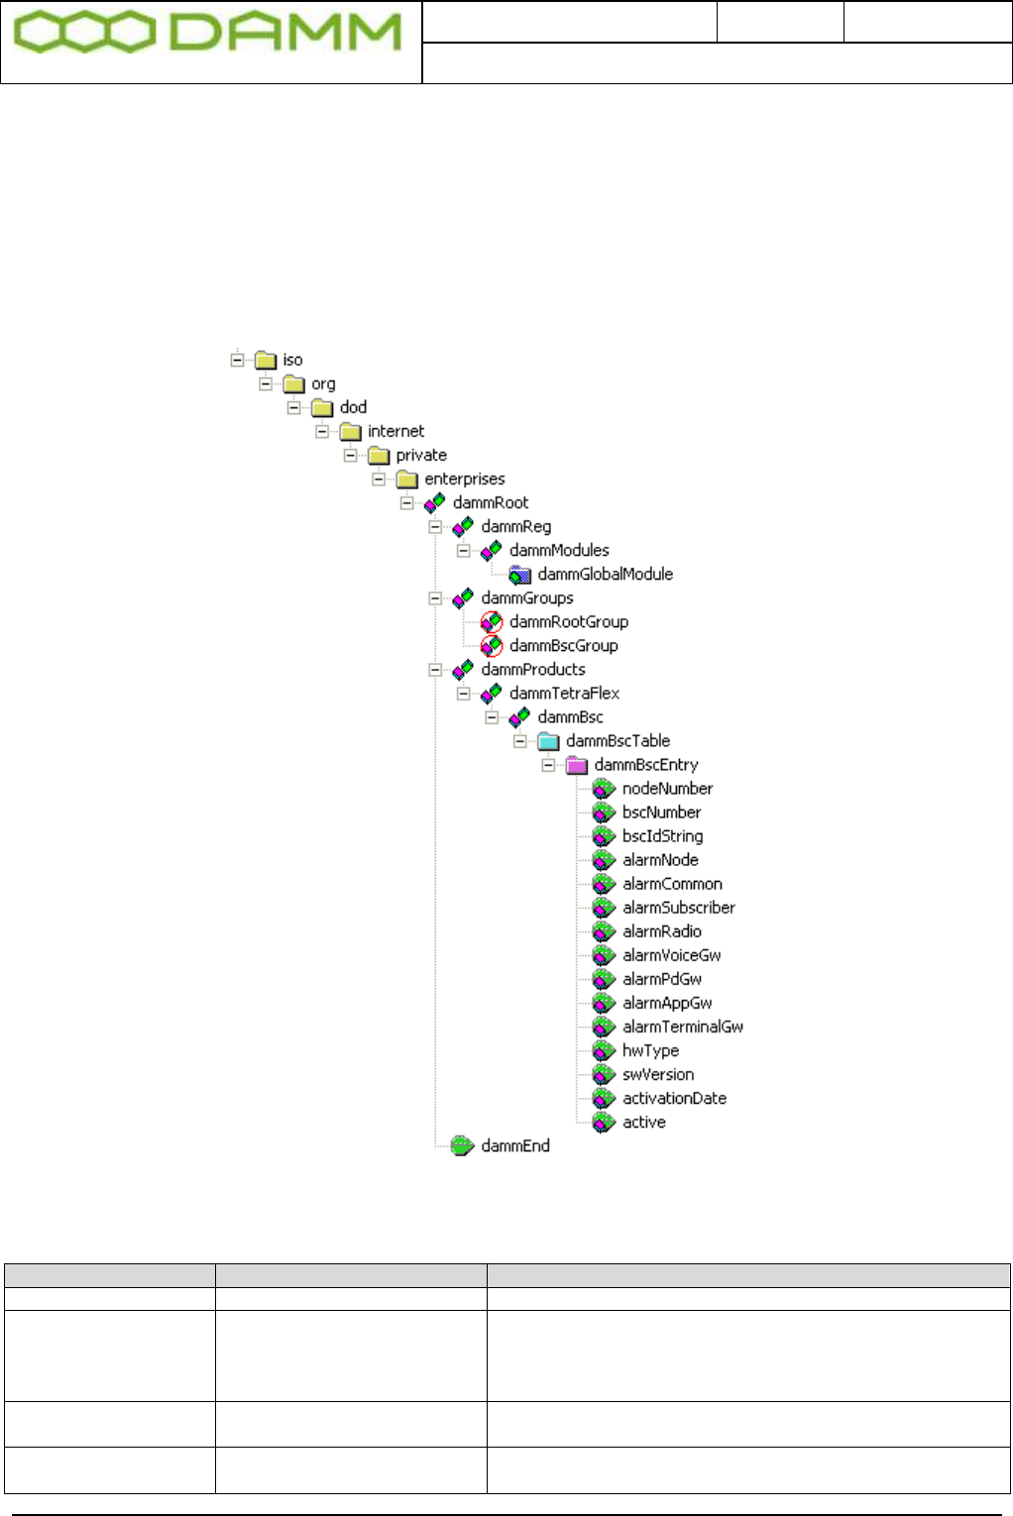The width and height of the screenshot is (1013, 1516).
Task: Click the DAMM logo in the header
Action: pyautogui.click(x=207, y=34)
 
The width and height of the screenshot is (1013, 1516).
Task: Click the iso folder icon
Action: pyautogui.click(x=266, y=360)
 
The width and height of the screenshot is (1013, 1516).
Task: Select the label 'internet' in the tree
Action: pyautogui.click(x=395, y=431)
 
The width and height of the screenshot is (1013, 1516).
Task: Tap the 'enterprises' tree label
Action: pyautogui.click(x=464, y=479)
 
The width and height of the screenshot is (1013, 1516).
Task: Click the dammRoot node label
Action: pyautogui.click(x=491, y=502)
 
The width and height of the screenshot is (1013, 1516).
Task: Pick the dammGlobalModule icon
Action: pyautogui.click(x=519, y=575)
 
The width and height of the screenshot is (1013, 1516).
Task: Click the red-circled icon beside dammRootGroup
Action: pyautogui.click(x=492, y=622)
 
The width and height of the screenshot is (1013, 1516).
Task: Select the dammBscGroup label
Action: pyautogui.click(x=563, y=645)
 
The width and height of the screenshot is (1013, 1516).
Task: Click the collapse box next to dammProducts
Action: pyautogui.click(x=435, y=670)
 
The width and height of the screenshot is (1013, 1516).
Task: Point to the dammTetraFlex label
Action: pyautogui.click(x=564, y=693)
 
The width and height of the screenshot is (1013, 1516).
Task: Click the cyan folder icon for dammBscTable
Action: pyautogui.click(x=548, y=741)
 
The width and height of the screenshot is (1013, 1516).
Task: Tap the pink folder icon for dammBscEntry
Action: pyautogui.click(x=577, y=765)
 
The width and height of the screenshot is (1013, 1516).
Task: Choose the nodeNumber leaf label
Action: pyautogui.click(x=667, y=789)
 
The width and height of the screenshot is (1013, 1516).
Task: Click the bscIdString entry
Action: pyautogui.click(x=662, y=836)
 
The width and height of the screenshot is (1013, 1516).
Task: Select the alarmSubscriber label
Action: pyautogui.click(x=678, y=908)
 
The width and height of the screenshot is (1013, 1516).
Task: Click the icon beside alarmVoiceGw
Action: pyautogui.click(x=604, y=955)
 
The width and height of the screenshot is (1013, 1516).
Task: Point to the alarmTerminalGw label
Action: pyautogui.click(x=682, y=1027)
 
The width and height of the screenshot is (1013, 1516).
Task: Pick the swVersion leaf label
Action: pyautogui.click(x=657, y=1074)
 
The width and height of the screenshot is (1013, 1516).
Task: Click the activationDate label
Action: pyautogui.click(x=674, y=1098)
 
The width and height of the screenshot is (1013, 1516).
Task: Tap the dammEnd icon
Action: pyautogui.click(x=462, y=1146)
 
